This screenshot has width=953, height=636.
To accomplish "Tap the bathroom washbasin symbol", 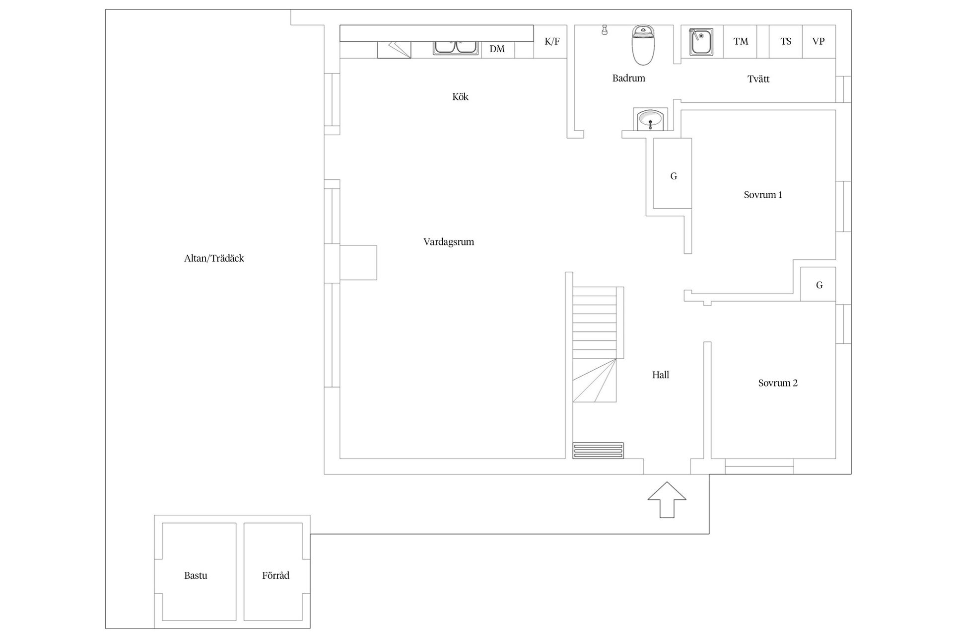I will pyautogui.click(x=650, y=120).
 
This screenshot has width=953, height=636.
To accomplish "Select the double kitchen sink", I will pyautogui.click(x=456, y=47).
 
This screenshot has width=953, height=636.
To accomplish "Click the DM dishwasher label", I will pyautogui.click(x=497, y=49).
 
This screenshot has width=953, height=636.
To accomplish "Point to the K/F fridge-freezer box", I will pyautogui.click(x=552, y=42).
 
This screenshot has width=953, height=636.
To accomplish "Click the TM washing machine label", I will pyautogui.click(x=741, y=42).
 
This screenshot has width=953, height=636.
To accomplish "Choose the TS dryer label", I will pyautogui.click(x=786, y=42).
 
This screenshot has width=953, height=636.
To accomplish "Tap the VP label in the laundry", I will pyautogui.click(x=818, y=42).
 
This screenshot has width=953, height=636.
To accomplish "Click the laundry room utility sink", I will pyautogui.click(x=701, y=42).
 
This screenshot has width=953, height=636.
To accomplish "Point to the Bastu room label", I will pyautogui.click(x=196, y=576).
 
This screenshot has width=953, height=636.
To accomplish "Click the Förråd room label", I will pyautogui.click(x=275, y=576).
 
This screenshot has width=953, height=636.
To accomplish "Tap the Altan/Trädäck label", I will pyautogui.click(x=214, y=258).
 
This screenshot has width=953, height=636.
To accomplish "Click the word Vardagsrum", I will pyautogui.click(x=448, y=242).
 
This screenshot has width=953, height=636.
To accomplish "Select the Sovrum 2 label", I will pyautogui.click(x=777, y=383).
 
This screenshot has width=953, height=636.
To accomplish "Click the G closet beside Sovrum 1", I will pyautogui.click(x=673, y=176).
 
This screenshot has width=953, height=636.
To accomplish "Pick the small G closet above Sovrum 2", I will pyautogui.click(x=819, y=285).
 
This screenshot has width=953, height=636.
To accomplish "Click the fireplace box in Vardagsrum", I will pyautogui.click(x=358, y=262).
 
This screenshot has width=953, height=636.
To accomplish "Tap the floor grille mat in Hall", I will pyautogui.click(x=598, y=451).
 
